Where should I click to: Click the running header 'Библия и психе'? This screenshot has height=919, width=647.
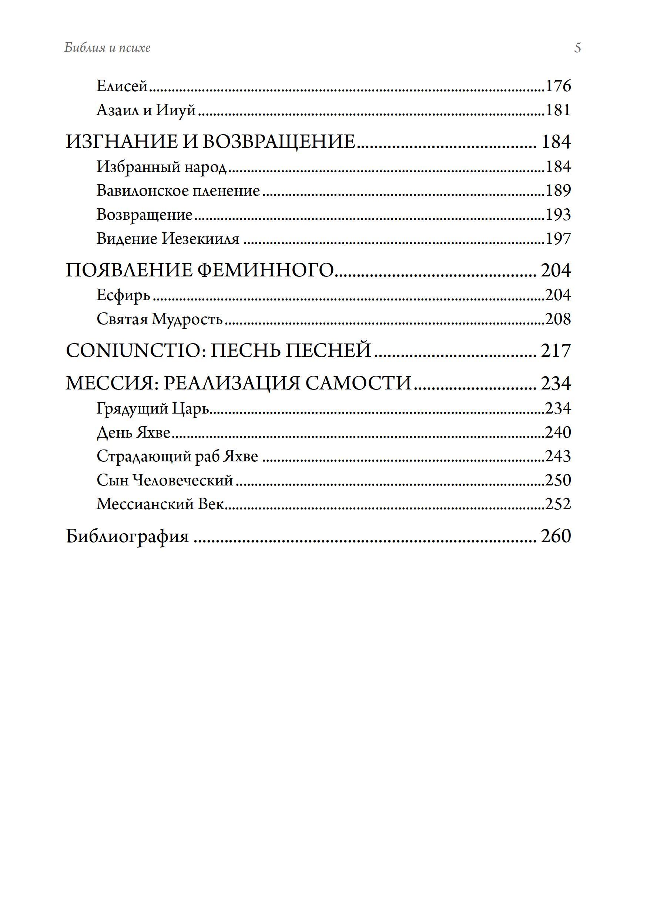click(x=107, y=48)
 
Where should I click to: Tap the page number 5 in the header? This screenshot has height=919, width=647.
click(x=577, y=48)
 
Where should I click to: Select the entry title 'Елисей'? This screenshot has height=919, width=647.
click(x=122, y=86)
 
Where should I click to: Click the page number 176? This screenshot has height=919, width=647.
click(x=558, y=86)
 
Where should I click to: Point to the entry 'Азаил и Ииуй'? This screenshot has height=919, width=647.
click(x=146, y=110)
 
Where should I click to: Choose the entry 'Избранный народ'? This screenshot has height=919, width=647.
click(x=161, y=167)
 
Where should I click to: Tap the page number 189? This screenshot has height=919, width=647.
click(x=558, y=190)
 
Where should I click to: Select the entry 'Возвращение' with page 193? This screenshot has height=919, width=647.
click(x=144, y=215)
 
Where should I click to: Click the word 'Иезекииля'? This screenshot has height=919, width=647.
click(x=200, y=239)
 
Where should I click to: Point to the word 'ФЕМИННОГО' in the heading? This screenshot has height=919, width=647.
click(x=265, y=271)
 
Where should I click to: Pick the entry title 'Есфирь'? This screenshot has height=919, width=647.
click(x=123, y=295)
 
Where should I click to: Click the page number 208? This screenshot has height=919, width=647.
click(x=558, y=319)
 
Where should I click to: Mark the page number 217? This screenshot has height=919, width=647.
click(x=556, y=351)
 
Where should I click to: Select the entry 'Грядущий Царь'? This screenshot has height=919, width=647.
click(x=153, y=409)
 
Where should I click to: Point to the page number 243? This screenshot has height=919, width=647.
click(x=558, y=456)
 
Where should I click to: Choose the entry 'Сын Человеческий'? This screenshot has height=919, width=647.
click(x=165, y=480)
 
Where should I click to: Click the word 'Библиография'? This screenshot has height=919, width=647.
click(x=127, y=536)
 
